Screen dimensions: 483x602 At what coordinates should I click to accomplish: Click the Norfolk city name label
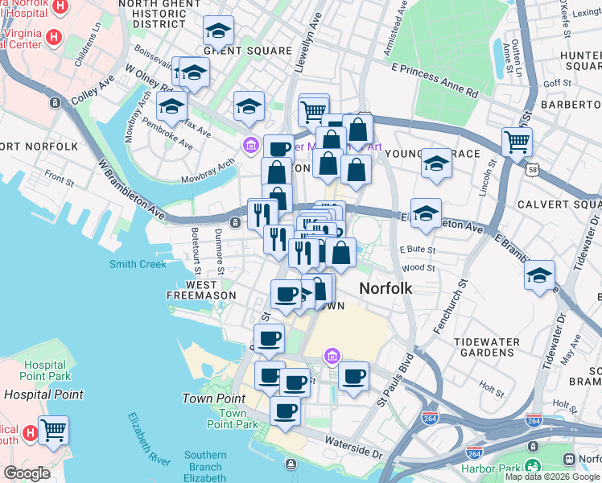386,287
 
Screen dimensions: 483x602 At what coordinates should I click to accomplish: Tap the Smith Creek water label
138,264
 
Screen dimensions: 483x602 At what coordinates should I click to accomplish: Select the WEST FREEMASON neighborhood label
201,291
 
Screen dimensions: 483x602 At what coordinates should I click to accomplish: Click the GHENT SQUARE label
236,51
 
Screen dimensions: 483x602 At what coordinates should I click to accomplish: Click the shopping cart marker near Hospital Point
53,430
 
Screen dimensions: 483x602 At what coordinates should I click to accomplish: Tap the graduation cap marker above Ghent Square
218,31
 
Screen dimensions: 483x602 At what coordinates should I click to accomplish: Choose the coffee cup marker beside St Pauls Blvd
353,376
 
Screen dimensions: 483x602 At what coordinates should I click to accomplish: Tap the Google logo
27,473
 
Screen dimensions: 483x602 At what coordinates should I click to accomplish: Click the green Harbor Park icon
531,466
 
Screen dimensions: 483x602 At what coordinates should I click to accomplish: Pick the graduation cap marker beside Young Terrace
436,163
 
